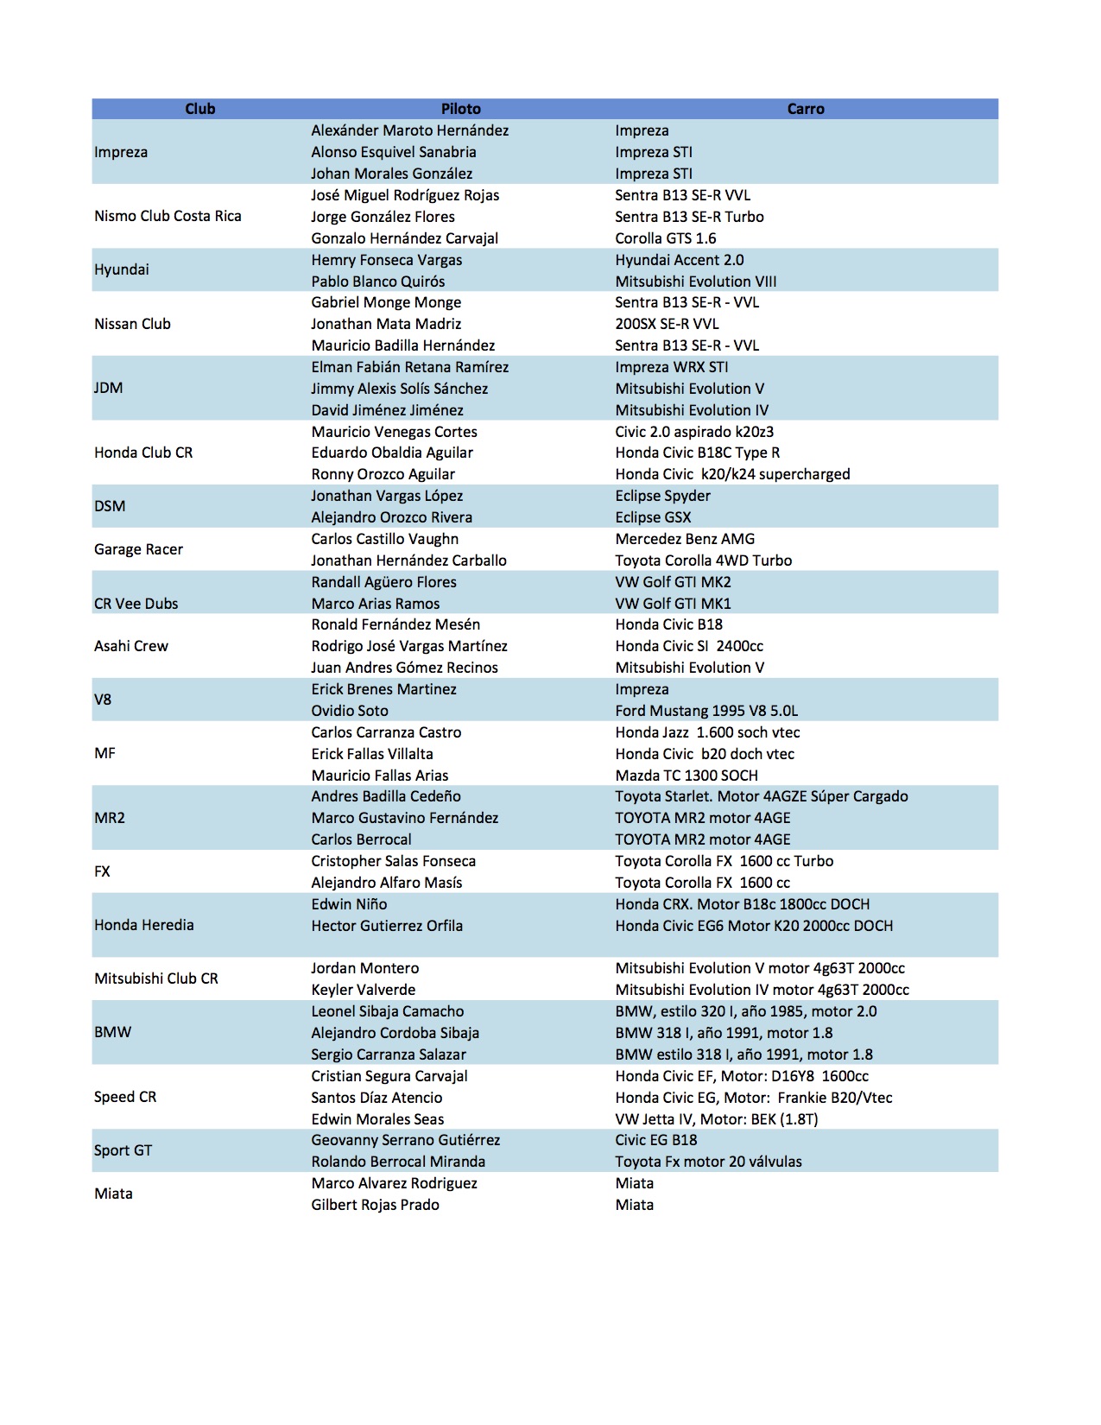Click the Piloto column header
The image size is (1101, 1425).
(x=460, y=109)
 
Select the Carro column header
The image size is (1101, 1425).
(x=805, y=109)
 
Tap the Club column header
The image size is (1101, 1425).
(x=199, y=109)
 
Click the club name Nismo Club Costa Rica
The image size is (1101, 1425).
(x=168, y=216)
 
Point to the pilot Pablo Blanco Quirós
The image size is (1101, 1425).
(x=378, y=282)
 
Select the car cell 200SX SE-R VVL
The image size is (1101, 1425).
(x=667, y=324)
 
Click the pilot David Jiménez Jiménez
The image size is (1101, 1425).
(x=387, y=410)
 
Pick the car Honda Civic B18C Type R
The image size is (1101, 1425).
(x=697, y=453)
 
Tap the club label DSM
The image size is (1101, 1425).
(x=110, y=506)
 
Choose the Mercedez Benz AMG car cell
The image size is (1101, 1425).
(x=685, y=539)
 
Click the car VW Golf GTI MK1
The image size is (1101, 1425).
(x=673, y=604)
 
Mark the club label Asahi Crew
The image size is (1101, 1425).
(x=131, y=646)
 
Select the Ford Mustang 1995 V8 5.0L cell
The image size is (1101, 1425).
(x=706, y=711)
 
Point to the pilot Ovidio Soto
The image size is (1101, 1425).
(x=350, y=711)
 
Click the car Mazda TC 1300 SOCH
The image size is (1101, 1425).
(x=687, y=776)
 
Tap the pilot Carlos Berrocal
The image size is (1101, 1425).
(x=361, y=839)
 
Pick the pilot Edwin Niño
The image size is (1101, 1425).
(x=349, y=904)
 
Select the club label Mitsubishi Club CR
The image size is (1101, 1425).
(x=156, y=978)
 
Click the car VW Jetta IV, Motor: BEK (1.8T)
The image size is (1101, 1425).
(x=716, y=1119)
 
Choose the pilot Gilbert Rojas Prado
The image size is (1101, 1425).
(x=375, y=1205)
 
